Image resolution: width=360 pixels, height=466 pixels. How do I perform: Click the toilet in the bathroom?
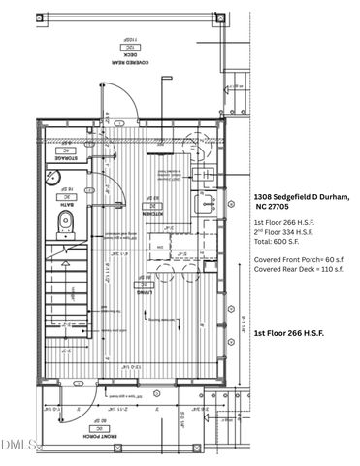65,224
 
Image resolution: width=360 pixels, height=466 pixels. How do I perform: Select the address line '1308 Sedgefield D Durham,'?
301,198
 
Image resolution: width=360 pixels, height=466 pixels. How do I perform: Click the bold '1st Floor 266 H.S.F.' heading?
289,332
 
